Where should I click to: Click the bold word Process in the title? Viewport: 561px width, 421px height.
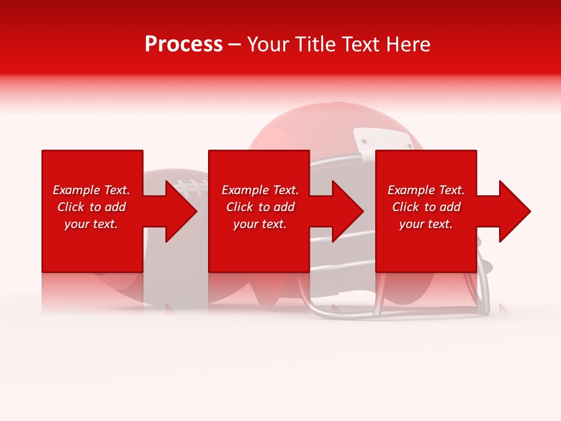183,44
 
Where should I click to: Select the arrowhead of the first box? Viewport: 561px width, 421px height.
181,211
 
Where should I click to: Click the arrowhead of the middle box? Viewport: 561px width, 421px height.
348,211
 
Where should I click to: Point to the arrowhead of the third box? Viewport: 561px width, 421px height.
515,211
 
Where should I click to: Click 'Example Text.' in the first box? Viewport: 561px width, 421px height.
91,190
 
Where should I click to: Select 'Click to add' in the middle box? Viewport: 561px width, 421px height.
260,207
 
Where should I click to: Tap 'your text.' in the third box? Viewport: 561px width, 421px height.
426,224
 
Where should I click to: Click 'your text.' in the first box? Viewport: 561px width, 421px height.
91,224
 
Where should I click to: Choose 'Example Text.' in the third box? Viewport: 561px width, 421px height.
426,190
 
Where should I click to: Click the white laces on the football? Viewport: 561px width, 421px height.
191,186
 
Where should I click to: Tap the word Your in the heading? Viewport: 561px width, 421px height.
268,44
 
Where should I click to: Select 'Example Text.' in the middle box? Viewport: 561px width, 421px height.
260,190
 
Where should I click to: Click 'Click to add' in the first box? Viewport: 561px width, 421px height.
91,207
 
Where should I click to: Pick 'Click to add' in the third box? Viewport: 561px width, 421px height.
426,207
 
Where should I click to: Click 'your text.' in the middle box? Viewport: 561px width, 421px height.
260,224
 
